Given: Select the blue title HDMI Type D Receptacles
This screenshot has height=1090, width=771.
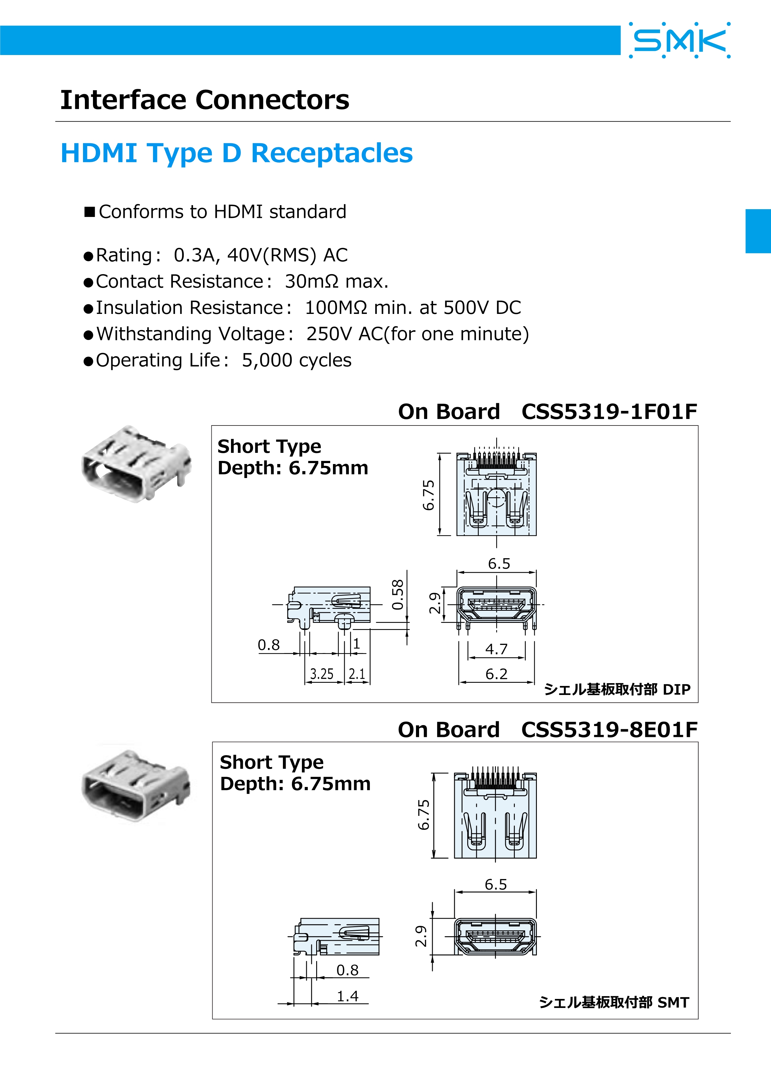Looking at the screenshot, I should click(x=236, y=153).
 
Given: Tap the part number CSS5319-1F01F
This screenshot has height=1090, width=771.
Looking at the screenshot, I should click(x=609, y=412).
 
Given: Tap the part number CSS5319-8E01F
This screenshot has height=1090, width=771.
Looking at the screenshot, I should click(x=609, y=730).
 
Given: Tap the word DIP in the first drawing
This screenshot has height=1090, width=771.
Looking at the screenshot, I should click(x=676, y=689).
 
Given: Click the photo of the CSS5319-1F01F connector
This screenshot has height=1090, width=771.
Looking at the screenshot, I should click(x=136, y=464).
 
